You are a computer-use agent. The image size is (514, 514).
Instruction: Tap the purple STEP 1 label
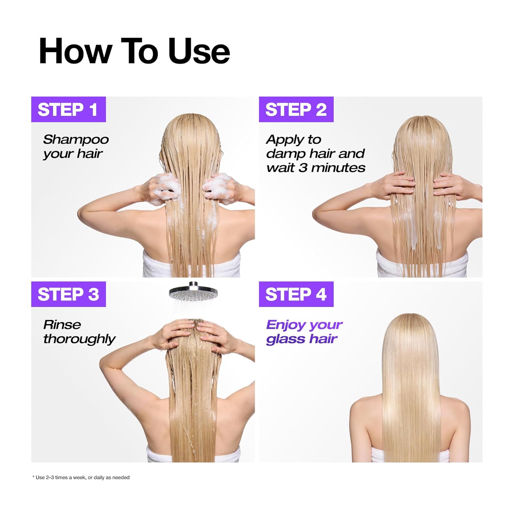point(68,110)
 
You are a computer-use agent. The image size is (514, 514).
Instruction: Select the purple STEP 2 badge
point(296,110)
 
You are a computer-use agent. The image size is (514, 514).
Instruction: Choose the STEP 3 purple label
point(68,294)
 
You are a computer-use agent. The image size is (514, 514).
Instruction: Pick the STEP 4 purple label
point(296,294)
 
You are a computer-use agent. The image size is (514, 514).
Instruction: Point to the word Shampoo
point(76,139)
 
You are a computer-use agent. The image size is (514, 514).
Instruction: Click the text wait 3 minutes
point(316,168)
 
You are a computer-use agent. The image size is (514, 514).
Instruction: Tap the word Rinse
point(62,325)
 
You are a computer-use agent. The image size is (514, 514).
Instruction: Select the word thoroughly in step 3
point(79,339)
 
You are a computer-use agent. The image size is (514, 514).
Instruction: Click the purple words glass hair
point(302,339)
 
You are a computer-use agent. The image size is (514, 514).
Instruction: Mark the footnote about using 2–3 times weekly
point(81,477)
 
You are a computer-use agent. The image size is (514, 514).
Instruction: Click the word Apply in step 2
point(284,139)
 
